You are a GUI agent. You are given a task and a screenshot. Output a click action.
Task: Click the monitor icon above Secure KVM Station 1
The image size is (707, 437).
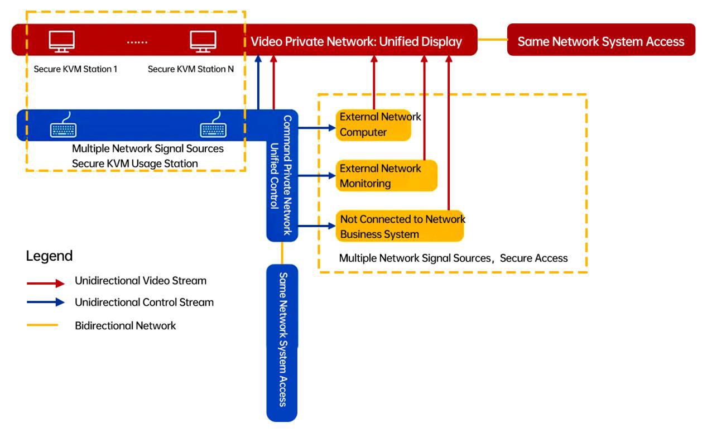pyautogui.click(x=62, y=41)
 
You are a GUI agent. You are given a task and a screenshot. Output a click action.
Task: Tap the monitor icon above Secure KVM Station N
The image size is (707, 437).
pyautogui.click(x=203, y=41)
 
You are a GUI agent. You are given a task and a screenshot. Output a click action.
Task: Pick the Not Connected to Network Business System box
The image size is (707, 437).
pyautogui.click(x=400, y=226)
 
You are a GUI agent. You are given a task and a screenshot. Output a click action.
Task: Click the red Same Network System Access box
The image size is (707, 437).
pyautogui.click(x=601, y=41)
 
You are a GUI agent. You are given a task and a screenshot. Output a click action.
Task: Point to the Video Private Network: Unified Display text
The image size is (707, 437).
pyautogui.click(x=356, y=41)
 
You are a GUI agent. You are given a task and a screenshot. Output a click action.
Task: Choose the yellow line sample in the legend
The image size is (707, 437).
pyautogui.click(x=42, y=325)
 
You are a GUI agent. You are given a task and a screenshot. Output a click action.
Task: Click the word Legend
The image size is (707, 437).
pyautogui.click(x=49, y=256)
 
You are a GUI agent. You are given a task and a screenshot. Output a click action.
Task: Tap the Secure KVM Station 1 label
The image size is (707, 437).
pyautogui.click(x=75, y=70)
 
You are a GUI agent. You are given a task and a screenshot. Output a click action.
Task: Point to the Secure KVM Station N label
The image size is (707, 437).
pyautogui.click(x=191, y=70)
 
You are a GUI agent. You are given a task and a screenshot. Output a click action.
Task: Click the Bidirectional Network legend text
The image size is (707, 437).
pyautogui.click(x=125, y=325)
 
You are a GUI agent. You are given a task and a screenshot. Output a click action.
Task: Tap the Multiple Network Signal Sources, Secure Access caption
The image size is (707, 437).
pyautogui.click(x=453, y=258)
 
